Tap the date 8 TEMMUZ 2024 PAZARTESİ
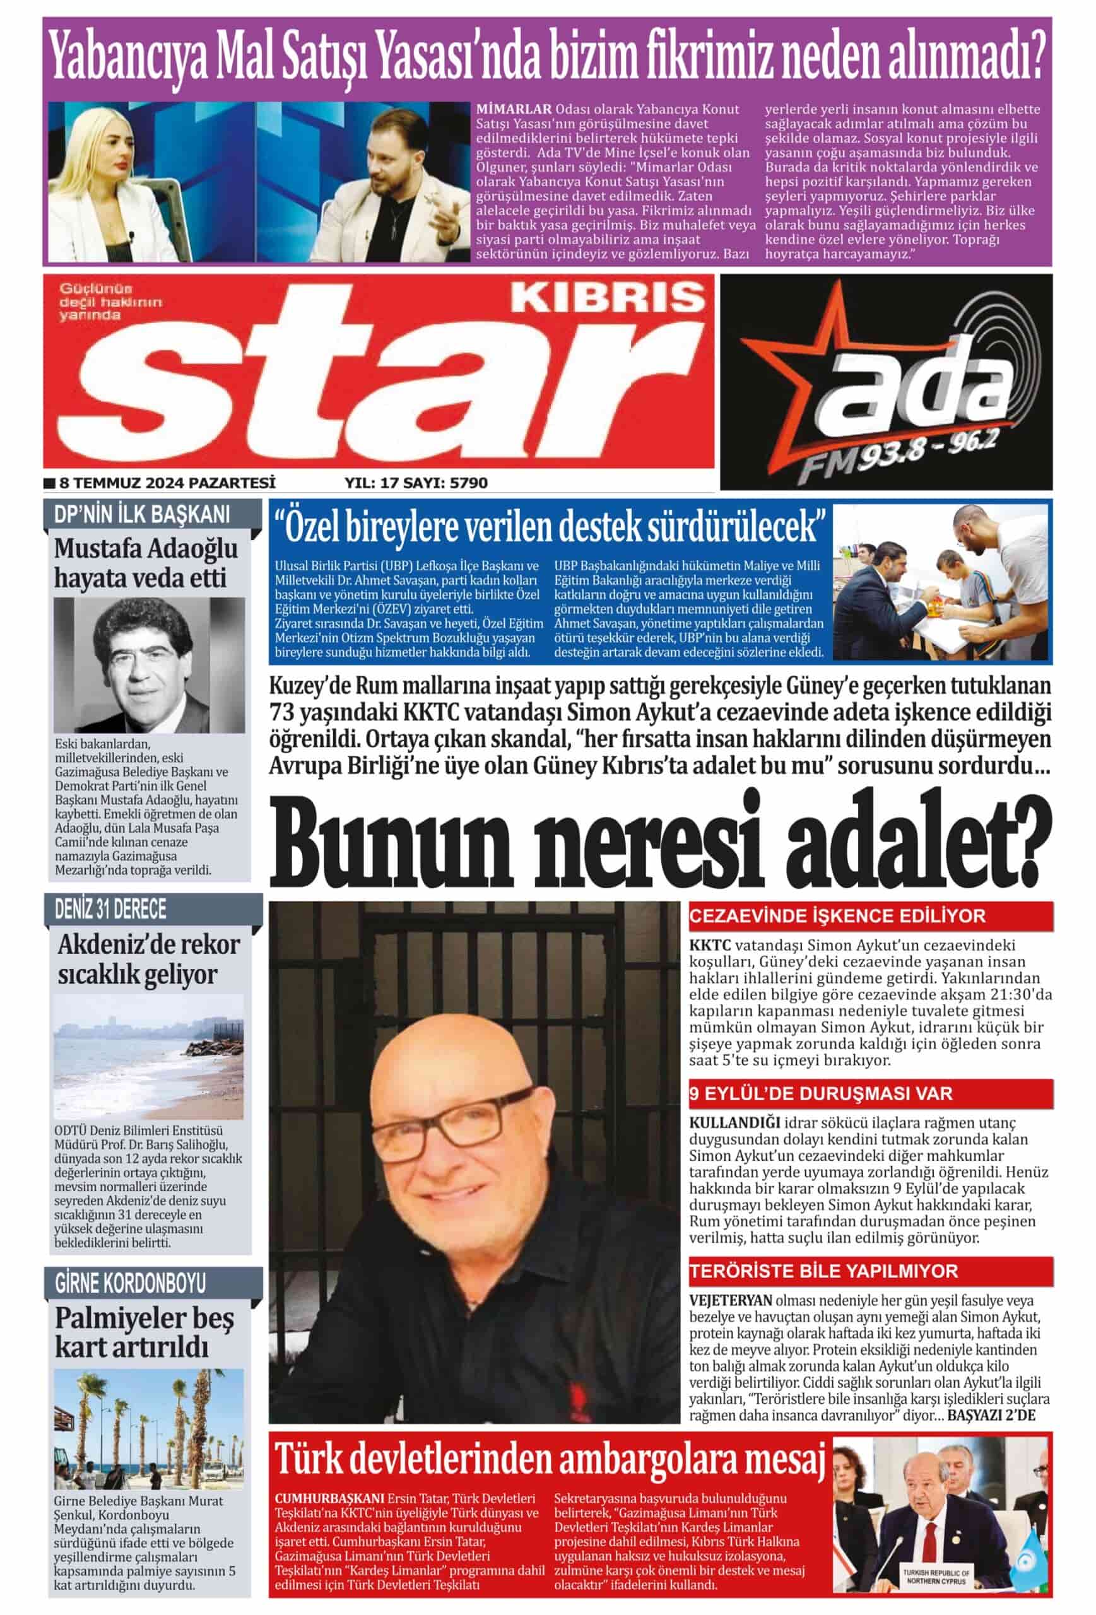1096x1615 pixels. pyautogui.click(x=167, y=482)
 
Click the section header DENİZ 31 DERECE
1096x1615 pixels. pyautogui.click(x=111, y=909)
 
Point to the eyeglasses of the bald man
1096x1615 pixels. pyautogui.click(x=473, y=1120)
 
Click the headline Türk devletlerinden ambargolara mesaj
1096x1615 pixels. pyautogui.click(x=550, y=1458)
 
